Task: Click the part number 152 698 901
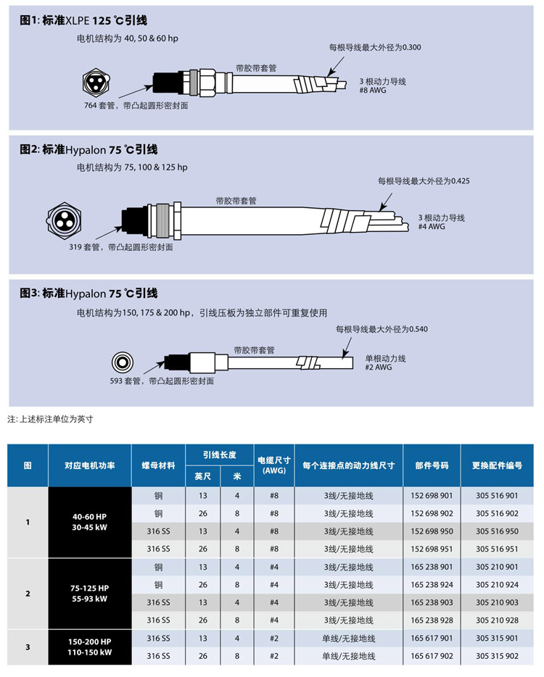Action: pos(432,496)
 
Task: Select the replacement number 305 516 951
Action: pos(497,549)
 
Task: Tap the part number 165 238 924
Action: pos(432,584)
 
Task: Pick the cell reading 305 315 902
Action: pos(497,655)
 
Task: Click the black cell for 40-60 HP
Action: pos(90,522)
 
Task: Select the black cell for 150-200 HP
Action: pos(90,647)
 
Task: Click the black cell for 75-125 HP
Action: pos(90,593)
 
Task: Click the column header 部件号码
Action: pos(432,465)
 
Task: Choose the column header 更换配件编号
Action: pos(497,465)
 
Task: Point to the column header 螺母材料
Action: pos(158,465)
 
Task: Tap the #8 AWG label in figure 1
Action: pos(370,91)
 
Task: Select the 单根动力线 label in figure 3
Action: pos(385,358)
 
